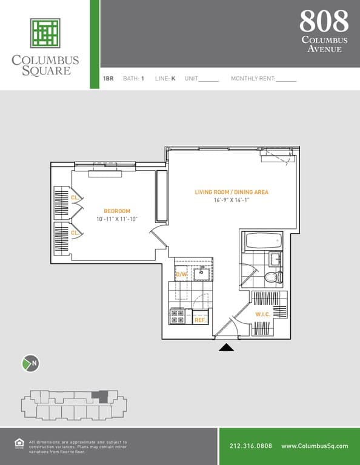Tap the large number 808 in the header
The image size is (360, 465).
324,21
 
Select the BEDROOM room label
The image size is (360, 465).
117,211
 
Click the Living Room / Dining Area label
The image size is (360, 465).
232,192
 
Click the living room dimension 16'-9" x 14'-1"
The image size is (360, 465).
232,200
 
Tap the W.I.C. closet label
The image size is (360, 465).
262,314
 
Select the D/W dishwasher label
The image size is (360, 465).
181,274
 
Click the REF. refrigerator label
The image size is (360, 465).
199,320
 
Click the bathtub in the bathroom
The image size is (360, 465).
264,240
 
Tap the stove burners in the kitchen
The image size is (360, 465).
178,316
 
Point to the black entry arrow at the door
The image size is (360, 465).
227,347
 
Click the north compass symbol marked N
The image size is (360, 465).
30,363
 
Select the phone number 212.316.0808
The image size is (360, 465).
251,446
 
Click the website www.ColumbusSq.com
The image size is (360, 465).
315,446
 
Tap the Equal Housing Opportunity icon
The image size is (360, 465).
18,444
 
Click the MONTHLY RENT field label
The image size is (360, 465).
253,79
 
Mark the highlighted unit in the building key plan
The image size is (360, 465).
102,397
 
